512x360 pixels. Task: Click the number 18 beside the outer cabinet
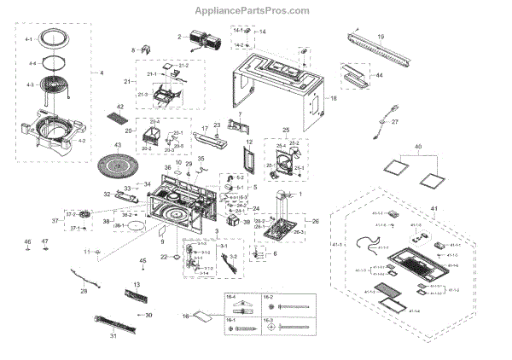coord(334,99)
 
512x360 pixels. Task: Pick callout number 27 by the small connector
coord(395,122)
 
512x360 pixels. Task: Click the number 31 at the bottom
coord(113,335)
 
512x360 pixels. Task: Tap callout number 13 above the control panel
coord(136,283)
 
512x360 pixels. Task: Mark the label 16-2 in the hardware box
coord(268,298)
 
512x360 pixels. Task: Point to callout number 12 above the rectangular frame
coord(250,142)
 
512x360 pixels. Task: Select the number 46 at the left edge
coord(28,242)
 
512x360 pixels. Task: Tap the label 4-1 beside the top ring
coord(28,40)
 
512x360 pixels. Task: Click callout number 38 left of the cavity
coord(107,221)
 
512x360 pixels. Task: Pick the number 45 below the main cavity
coord(143,259)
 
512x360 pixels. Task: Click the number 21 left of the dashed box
coord(127,81)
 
